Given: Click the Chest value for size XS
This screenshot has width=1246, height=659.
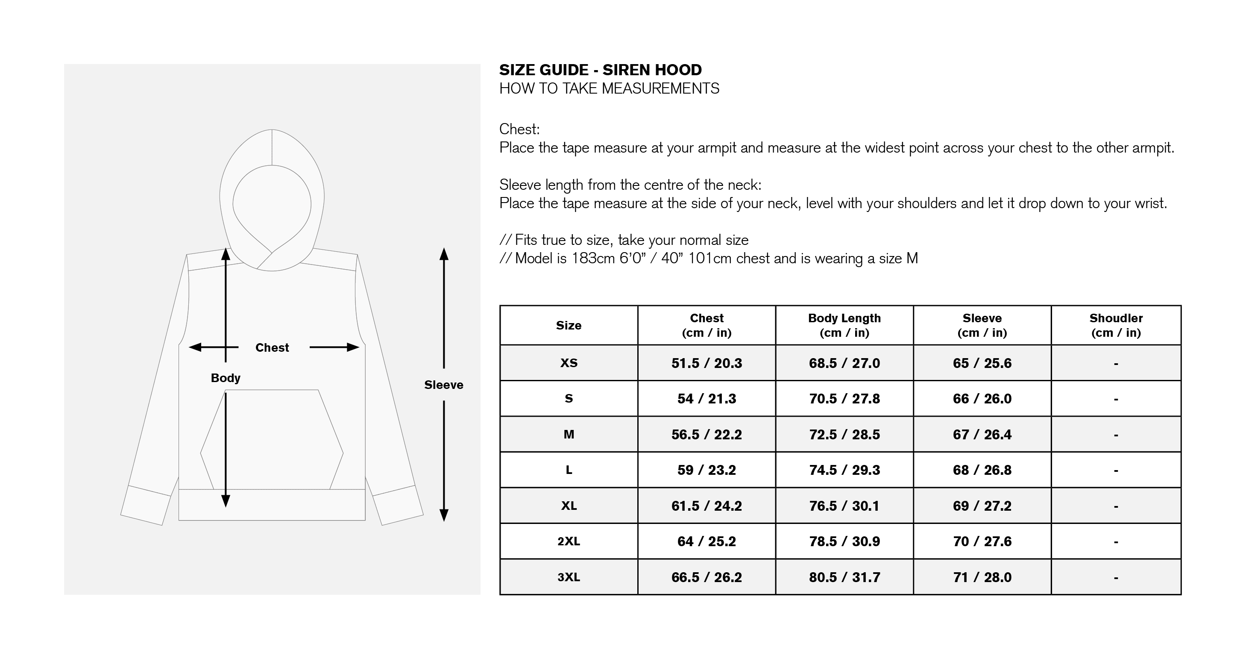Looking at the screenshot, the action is tap(706, 363).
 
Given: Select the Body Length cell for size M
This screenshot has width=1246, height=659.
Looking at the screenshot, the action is tap(844, 435).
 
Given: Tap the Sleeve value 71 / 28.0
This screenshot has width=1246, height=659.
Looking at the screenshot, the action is tap(982, 577).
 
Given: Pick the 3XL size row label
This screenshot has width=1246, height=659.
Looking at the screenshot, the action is tap(569, 577).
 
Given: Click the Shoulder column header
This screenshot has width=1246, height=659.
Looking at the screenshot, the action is tap(1116, 325).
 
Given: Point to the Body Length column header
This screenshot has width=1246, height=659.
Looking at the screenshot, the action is tap(844, 325).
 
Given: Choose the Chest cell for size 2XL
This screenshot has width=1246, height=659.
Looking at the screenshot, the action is tap(706, 541).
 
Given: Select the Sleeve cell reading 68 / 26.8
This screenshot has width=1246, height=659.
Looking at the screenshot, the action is tap(982, 470).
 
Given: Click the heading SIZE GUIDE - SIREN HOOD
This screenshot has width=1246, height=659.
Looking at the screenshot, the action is tap(600, 70).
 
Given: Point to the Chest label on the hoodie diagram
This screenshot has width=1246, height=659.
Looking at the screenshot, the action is tap(272, 347).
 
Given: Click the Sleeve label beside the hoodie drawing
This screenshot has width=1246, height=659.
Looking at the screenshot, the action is tap(443, 385).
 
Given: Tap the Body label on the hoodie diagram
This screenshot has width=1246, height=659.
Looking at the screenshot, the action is tap(226, 378).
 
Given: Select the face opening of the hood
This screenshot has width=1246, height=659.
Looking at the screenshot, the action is tap(272, 208).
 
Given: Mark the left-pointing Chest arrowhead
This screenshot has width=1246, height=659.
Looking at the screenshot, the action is tap(194, 347).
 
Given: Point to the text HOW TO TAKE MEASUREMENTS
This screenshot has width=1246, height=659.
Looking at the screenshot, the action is tap(609, 88).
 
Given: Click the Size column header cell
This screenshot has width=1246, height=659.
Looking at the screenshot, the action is tap(569, 325).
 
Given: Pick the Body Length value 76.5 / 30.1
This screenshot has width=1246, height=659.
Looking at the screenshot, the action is tap(844, 506).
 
